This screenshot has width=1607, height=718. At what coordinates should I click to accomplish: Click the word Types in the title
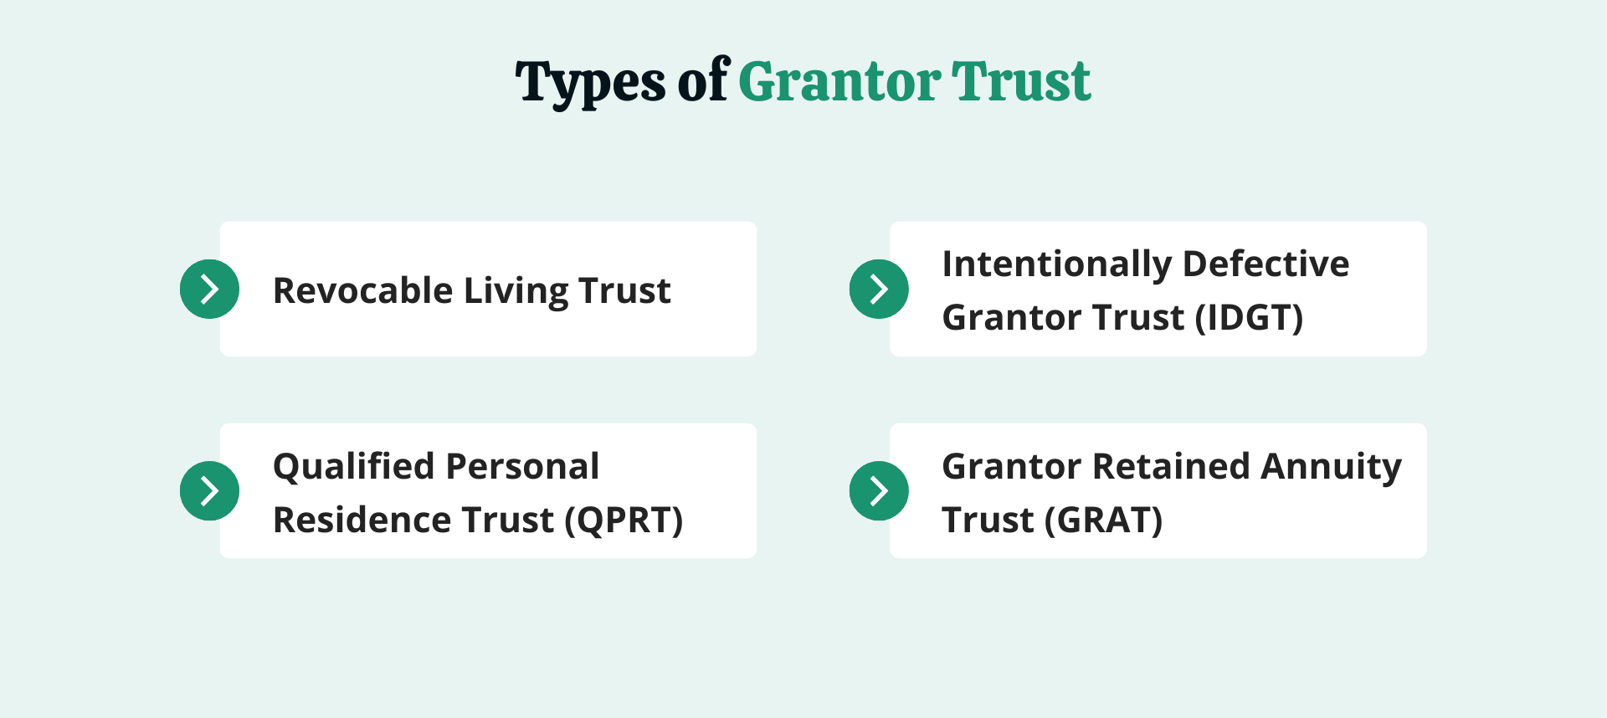tap(590, 84)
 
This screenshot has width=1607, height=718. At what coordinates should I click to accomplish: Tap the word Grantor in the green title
tap(839, 82)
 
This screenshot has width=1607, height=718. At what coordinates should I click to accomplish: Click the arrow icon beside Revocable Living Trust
tap(209, 290)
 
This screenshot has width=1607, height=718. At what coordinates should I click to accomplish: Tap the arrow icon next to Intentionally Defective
tap(879, 290)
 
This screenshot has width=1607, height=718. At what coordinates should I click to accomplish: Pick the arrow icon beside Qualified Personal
tap(209, 491)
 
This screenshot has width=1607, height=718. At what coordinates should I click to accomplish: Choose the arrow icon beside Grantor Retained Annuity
tap(879, 491)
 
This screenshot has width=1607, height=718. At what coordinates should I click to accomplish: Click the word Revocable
tap(362, 291)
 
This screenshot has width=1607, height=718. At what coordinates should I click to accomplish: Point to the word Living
tap(515, 291)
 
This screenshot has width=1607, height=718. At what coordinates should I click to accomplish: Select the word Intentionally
tap(1055, 264)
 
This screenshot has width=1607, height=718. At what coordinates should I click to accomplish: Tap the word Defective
tap(1266, 264)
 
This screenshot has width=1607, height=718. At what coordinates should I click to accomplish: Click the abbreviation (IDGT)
tap(1249, 318)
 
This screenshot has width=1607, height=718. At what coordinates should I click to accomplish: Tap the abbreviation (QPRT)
tap(624, 521)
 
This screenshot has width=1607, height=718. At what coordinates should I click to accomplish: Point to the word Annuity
tap(1331, 467)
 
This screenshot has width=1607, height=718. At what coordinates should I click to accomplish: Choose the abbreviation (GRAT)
tap(1103, 521)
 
